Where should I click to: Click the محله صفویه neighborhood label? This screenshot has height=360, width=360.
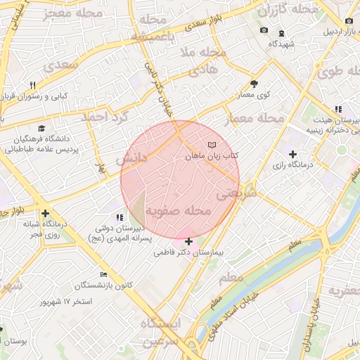point(178,211)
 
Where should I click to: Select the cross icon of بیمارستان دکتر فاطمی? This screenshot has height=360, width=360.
point(188,241)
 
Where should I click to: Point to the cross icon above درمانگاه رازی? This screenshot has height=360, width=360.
point(293,154)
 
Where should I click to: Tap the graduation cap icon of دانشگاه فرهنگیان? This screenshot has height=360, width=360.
point(41,129)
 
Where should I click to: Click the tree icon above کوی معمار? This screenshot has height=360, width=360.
point(254,83)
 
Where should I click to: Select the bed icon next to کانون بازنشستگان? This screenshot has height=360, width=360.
point(104,274)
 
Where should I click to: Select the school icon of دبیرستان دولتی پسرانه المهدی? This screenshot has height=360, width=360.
point(119,217)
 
